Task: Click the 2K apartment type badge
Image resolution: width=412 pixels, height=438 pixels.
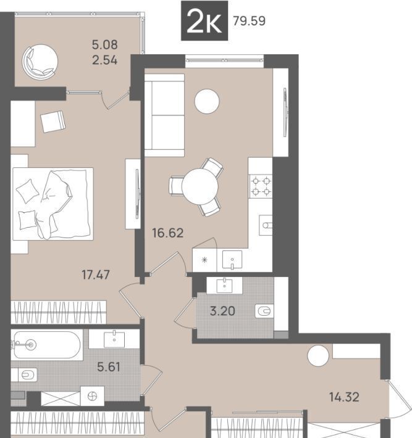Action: pos(204,21)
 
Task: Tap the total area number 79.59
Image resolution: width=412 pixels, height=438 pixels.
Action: pos(249,21)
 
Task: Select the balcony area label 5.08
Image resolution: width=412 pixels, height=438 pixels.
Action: pos(105,44)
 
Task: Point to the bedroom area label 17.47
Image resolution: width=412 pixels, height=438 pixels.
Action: pos(96,275)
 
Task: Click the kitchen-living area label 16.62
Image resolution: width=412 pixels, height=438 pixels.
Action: pos(168,233)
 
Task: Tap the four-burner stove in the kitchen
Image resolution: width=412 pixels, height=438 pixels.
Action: pos(261,186)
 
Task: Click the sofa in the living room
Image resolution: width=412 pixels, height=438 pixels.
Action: pos(164,115)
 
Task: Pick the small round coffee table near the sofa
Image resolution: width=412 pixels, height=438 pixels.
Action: pos(207,101)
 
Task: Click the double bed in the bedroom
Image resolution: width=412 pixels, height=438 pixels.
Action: pos(53,204)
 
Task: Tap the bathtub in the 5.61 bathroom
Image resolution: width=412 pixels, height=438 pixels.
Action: pos(47,345)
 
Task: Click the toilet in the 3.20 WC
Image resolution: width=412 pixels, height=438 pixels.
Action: pos(264,311)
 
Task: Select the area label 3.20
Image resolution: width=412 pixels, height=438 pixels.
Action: pos(222,311)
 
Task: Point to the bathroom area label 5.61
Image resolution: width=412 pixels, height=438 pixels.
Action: pos(109,366)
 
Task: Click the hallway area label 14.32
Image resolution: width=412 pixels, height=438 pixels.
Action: pos(344,397)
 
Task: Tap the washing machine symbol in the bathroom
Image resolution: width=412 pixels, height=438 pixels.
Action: pos(92,396)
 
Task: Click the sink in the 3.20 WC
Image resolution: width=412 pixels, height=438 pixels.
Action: pos(225,285)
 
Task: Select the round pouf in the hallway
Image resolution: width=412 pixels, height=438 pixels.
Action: pos(318,356)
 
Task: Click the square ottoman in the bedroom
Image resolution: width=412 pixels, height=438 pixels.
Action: pos(53,122)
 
